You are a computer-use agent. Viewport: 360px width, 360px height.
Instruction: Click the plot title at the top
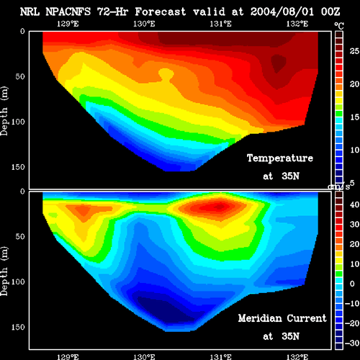pos(180,12)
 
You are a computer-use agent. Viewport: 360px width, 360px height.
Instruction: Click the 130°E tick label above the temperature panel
pos(144,24)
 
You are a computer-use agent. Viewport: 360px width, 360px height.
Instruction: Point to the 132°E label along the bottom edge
pos(297,357)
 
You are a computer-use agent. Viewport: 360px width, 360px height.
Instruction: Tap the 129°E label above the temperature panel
pos(68,24)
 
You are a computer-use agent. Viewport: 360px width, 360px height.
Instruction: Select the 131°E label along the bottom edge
pos(220,357)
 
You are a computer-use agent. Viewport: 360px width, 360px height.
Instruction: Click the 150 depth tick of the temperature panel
pos(18,167)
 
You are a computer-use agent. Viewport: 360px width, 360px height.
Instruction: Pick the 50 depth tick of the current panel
pos(20,236)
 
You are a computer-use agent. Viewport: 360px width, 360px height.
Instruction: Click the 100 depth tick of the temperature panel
pos(18,122)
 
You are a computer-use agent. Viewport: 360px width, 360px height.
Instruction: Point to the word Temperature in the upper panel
pos(280,158)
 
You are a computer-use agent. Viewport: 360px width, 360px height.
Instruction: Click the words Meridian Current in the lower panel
pos(282,318)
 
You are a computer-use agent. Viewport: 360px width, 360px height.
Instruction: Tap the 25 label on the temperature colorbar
pos(354,51)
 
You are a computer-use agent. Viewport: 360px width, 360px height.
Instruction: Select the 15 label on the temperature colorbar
pos(354,117)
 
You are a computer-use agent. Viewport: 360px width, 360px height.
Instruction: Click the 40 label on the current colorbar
pos(354,204)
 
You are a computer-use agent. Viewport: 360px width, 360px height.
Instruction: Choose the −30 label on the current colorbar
pos(352,343)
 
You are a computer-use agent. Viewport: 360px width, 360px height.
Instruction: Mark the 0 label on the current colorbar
pos(352,284)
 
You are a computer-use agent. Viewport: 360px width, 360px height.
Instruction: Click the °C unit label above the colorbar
pos(339,26)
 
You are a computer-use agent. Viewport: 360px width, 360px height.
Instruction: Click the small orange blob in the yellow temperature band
pos(166,74)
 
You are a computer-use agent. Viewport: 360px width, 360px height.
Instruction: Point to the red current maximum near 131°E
pos(217,206)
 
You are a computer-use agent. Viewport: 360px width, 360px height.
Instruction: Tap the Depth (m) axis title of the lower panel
pos(4,271)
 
